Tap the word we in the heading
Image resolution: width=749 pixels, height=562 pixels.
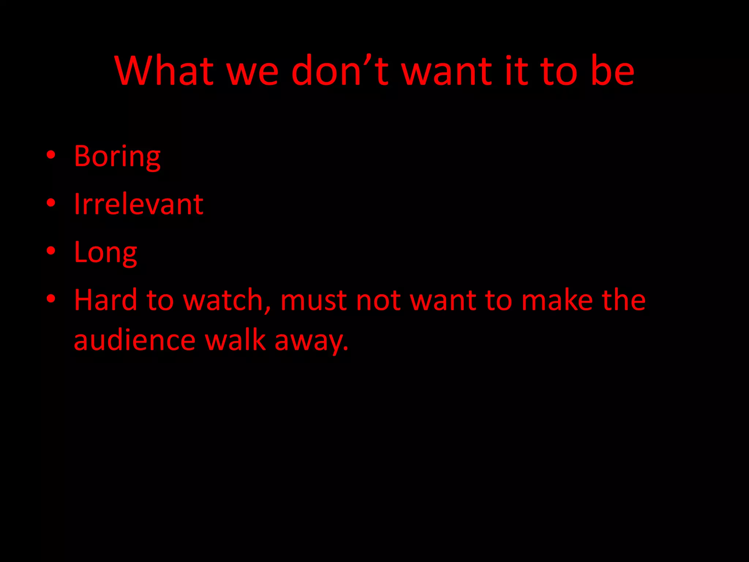pos(253,71)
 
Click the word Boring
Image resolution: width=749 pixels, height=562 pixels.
pos(117,157)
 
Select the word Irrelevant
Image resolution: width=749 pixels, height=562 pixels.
pos(138,204)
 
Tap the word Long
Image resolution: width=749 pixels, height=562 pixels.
pos(105,252)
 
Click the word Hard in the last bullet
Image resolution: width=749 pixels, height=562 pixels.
pos(105,300)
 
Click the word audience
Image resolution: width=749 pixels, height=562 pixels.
pos(135,340)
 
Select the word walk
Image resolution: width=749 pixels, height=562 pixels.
pos(235,340)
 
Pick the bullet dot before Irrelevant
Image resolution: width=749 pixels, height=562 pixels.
pos(51,203)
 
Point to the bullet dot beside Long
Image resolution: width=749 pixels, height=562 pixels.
pos(51,251)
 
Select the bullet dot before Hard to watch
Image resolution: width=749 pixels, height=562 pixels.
pos(51,299)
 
